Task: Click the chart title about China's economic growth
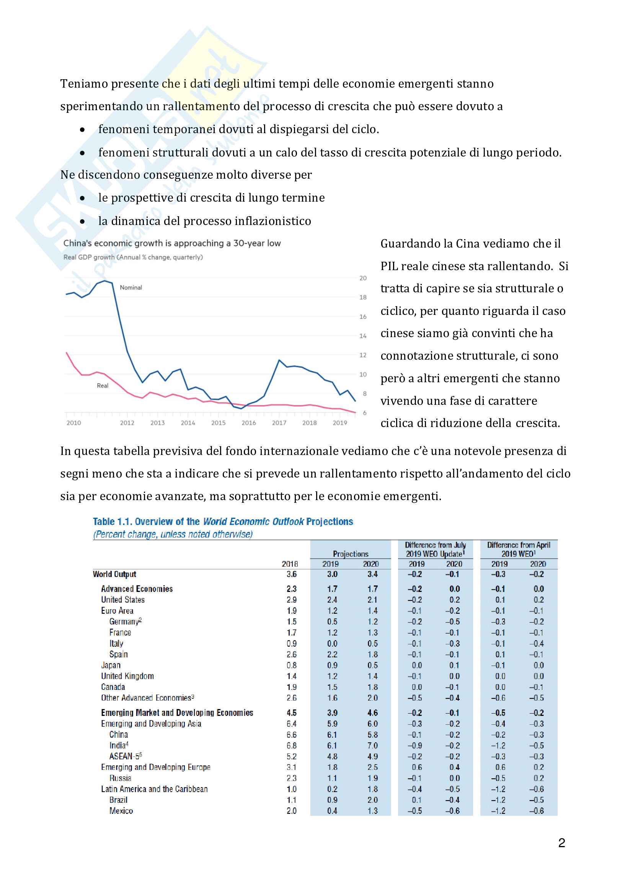pyautogui.click(x=172, y=243)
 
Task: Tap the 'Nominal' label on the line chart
pyautogui.click(x=131, y=288)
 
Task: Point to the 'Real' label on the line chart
pyautogui.click(x=103, y=386)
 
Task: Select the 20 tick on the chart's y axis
pyautogui.click(x=363, y=278)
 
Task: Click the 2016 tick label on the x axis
pyautogui.click(x=249, y=423)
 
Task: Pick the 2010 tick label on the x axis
pyautogui.click(x=73, y=423)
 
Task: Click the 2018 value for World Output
pyautogui.click(x=292, y=574)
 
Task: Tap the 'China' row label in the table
pyautogui.click(x=119, y=734)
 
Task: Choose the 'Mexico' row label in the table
pyautogui.click(x=121, y=811)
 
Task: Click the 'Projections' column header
pyautogui.click(x=351, y=554)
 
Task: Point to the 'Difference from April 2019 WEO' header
pyautogui.click(x=519, y=549)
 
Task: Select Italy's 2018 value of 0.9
pyautogui.click(x=292, y=644)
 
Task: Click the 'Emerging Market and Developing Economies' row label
pyautogui.click(x=177, y=712)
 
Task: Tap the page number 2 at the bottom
pyautogui.click(x=561, y=843)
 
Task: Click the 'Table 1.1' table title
pyautogui.click(x=223, y=522)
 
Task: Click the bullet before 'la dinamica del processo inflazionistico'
pyautogui.click(x=82, y=222)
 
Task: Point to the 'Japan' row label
pyautogui.click(x=111, y=665)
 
